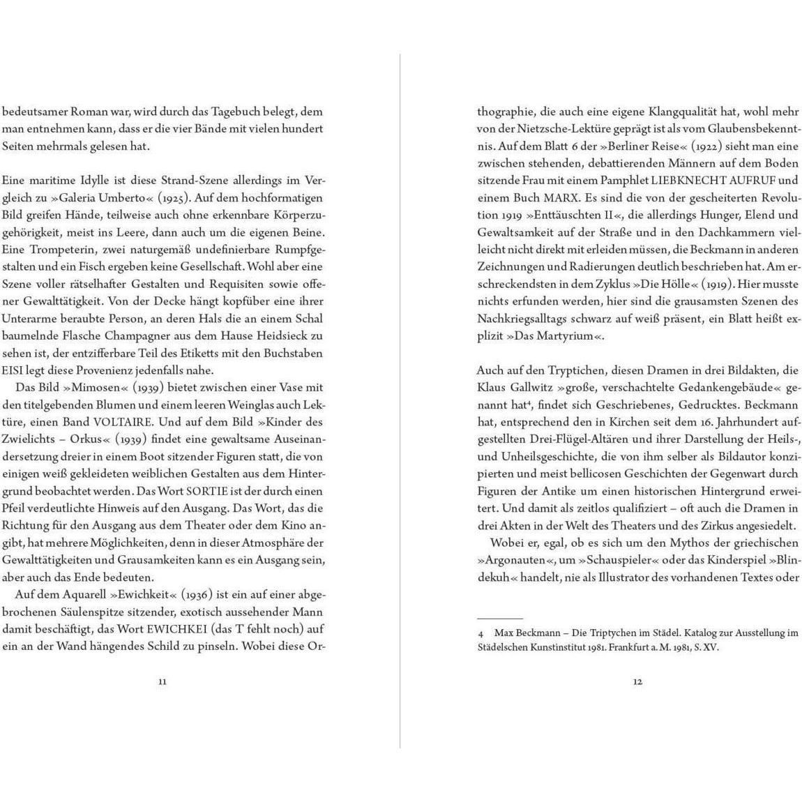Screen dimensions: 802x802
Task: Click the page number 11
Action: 162,681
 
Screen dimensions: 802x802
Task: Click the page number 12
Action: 637,681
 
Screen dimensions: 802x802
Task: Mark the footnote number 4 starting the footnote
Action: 481,633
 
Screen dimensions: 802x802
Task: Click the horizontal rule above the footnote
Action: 499,619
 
